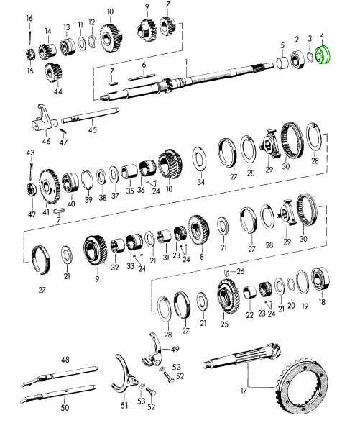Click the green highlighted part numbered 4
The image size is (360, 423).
tap(323, 55)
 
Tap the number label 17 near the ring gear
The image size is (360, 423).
tap(244, 391)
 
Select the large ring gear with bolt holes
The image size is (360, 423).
tap(303, 386)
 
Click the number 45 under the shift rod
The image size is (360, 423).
tap(92, 129)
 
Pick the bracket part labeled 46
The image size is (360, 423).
tap(43, 119)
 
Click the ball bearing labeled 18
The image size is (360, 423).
tap(320, 279)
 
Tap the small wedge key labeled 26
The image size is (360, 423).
tap(226, 273)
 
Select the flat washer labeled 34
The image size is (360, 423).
tap(200, 159)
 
